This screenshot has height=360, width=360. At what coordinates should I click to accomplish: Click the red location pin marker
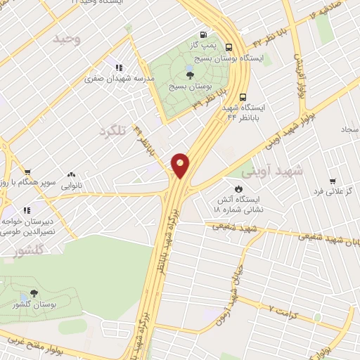[181, 165]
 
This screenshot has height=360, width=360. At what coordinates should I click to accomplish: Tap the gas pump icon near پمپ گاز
[203, 34]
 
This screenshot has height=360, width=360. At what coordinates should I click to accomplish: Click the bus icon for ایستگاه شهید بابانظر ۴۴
[243, 97]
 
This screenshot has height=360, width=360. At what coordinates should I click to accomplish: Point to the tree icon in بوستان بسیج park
[190, 74]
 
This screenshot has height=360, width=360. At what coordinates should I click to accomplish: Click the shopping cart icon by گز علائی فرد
[331, 180]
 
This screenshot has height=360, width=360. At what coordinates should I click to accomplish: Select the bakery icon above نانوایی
[71, 174]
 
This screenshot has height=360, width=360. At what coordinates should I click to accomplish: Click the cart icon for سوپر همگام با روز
[27, 171]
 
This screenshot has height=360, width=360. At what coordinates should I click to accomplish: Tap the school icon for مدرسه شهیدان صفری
[119, 67]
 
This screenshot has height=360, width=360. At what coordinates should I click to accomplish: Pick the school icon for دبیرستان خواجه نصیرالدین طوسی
[27, 209]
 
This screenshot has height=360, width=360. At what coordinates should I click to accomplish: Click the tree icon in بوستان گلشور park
[34, 294]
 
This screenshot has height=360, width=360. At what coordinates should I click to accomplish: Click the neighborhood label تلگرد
[116, 131]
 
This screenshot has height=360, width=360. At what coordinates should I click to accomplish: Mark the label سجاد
[349, 130]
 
